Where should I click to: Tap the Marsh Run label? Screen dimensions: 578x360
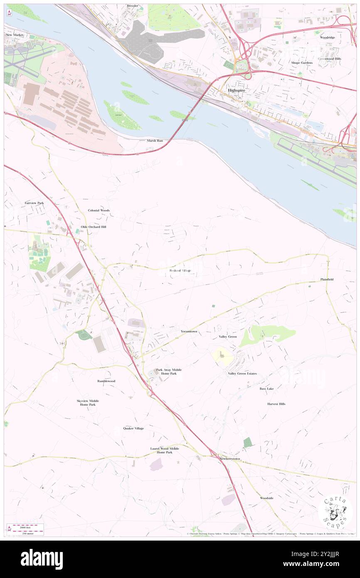pyautogui.click(x=156, y=141)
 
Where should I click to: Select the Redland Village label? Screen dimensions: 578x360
pyautogui.click(x=180, y=271)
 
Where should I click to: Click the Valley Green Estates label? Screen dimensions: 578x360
pyautogui.click(x=242, y=373)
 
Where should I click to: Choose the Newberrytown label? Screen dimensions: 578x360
pyautogui.click(x=230, y=459)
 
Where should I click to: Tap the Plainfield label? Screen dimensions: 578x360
pyautogui.click(x=327, y=279)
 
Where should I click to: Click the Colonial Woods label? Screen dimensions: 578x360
pyautogui.click(x=99, y=210)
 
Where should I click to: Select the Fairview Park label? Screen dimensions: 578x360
pyautogui.click(x=34, y=203)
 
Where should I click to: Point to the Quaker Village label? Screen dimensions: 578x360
pyautogui.click(x=133, y=428)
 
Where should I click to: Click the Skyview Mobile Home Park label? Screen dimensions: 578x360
pyautogui.click(x=88, y=403)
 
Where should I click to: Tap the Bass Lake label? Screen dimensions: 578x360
pyautogui.click(x=266, y=388)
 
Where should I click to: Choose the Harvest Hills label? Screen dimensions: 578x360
pyautogui.click(x=276, y=404)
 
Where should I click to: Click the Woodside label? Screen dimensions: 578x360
pyautogui.click(x=267, y=498)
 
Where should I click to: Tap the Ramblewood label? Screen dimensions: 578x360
pyautogui.click(x=106, y=381)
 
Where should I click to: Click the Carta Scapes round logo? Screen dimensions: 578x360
pyautogui.click(x=335, y=511)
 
